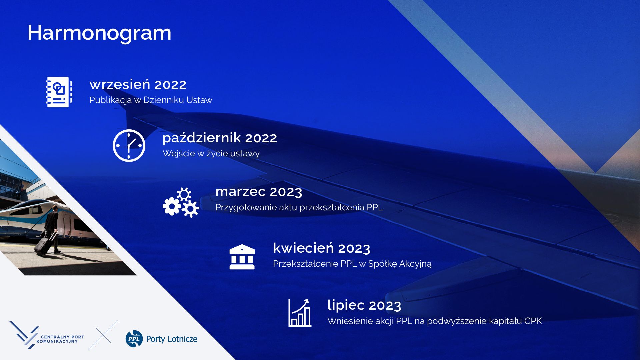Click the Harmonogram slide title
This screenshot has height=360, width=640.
click(99, 33)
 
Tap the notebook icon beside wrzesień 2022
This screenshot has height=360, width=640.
click(59, 92)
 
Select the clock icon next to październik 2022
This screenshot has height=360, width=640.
click(129, 146)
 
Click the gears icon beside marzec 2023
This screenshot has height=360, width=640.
click(181, 203)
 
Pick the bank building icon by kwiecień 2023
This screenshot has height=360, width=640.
click(242, 257)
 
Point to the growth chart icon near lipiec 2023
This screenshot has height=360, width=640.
click(300, 312)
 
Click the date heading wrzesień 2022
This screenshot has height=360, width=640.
click(138, 85)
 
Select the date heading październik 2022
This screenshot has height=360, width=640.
click(220, 138)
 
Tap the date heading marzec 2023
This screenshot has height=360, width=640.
click(259, 192)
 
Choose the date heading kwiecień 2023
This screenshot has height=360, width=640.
click(322, 248)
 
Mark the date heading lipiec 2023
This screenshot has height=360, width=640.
click(364, 305)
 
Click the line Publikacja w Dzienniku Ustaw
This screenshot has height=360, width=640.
click(151, 100)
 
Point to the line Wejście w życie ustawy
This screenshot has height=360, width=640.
click(211, 153)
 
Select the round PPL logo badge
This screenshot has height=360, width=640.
click(134, 339)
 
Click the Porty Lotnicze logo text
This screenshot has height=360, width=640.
click(172, 339)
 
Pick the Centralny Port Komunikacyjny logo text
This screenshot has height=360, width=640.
click(60, 339)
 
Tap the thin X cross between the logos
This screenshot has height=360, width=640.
click(103, 335)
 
